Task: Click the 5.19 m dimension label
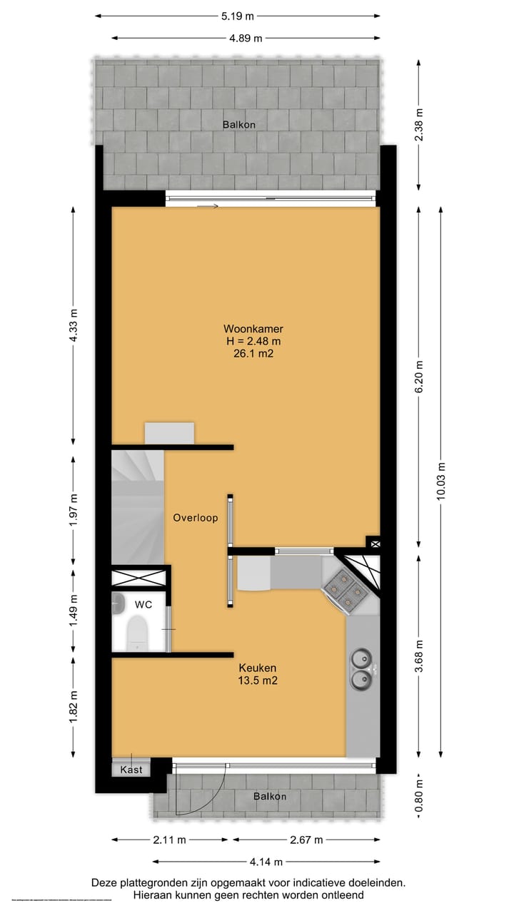tap(238, 16)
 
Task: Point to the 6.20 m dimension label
tap(420, 377)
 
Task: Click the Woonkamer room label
tap(253, 329)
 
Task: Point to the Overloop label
tap(195, 518)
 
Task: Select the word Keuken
tap(257, 668)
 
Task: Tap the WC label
tap(143, 604)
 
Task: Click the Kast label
tap(131, 770)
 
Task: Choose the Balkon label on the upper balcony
tap(238, 124)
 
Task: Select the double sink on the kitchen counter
tap(361, 669)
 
